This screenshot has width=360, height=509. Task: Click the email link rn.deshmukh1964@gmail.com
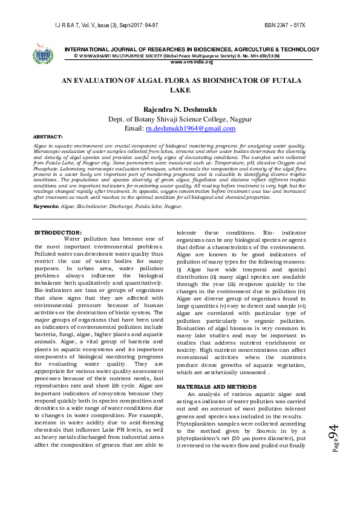tap(189, 129)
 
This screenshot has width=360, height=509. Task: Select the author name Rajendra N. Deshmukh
tap(180, 109)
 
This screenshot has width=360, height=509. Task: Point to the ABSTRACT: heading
tap(48, 138)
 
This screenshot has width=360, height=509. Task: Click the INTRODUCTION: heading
tap(58, 233)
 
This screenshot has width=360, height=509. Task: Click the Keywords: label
tap(47, 206)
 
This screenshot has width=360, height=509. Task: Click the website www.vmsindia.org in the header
tap(192, 62)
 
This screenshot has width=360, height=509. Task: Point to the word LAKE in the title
tap(180, 90)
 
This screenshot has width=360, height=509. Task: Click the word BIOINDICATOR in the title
tap(214, 80)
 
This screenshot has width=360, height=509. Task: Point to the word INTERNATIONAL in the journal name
tap(92, 48)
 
